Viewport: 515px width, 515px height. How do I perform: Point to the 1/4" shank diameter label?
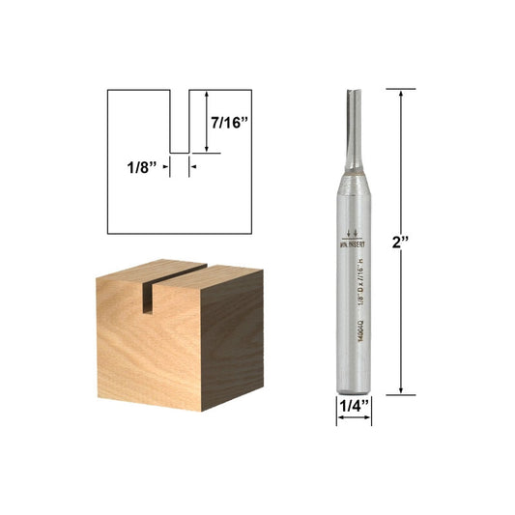click(x=353, y=407)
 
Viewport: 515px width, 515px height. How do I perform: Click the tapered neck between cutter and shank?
click(x=353, y=172)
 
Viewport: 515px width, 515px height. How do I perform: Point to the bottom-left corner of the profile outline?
click(x=107, y=234)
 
